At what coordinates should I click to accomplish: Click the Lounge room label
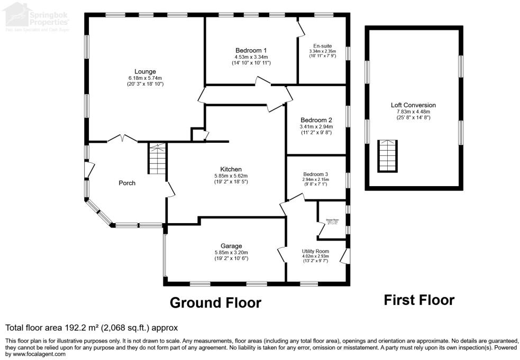[x=145, y=71]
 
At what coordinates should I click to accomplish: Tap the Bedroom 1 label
[x=251, y=50]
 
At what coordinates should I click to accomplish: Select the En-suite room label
[x=323, y=46]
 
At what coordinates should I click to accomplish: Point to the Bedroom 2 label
[x=316, y=119]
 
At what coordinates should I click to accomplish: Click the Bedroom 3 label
[x=316, y=174]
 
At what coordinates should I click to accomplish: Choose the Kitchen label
[x=231, y=169]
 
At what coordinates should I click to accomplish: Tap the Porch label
[x=126, y=183]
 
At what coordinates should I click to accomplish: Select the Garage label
[x=231, y=246]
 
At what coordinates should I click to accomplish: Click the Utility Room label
[x=315, y=251]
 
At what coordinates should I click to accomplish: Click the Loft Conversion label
[x=413, y=105]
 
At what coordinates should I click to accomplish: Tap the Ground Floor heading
[x=215, y=303]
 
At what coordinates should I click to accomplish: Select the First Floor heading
[x=418, y=300]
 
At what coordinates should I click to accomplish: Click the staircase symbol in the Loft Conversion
[x=387, y=156]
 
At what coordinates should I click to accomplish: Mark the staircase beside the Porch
[x=157, y=159]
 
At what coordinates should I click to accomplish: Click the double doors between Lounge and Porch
[x=122, y=139]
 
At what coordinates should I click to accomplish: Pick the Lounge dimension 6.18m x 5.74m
[x=145, y=78]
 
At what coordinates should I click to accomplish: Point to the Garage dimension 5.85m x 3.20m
[x=231, y=253]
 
